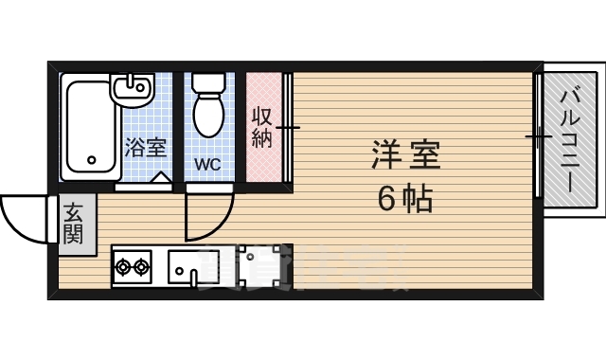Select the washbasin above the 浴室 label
(131, 91)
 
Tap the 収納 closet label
(263, 127)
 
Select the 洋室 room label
(405, 155)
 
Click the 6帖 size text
(404, 199)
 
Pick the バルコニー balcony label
(570, 139)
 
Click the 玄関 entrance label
(73, 224)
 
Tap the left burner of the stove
(123, 267)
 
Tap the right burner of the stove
(142, 267)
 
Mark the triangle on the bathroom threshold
(161, 177)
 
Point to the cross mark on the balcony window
(537, 138)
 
